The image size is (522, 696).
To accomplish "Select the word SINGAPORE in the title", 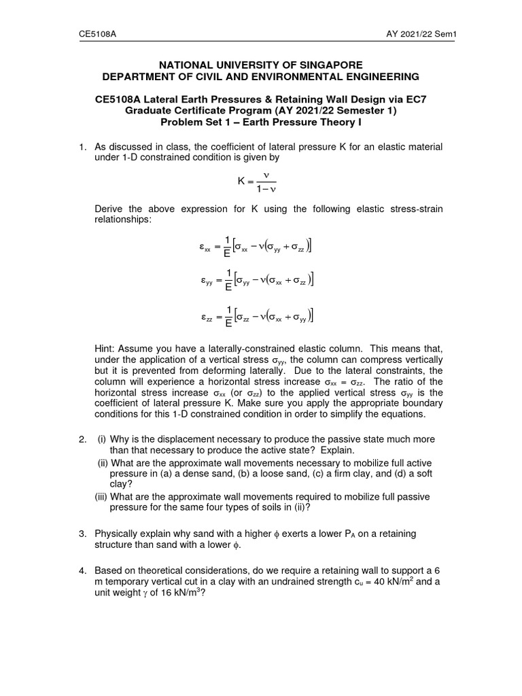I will [319, 64].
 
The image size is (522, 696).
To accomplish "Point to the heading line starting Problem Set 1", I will [261, 122].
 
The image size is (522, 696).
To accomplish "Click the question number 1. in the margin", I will [82, 146].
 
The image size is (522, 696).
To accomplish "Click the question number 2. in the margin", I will [82, 439].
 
